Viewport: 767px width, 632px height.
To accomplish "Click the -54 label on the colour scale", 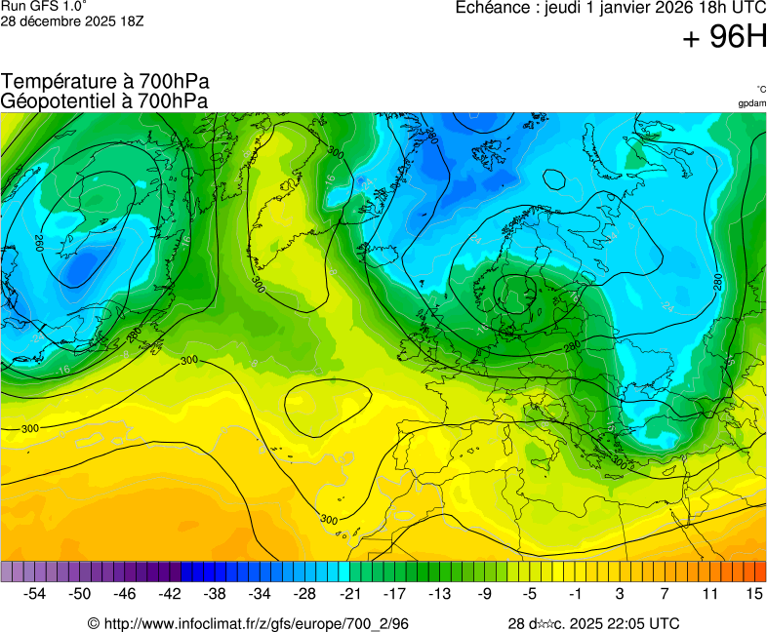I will tap(35, 593).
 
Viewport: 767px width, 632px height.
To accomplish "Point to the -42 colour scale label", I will tap(170, 593).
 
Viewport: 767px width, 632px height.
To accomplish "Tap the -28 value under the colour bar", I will tap(305, 593).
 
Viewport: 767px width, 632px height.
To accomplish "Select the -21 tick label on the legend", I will tap(350, 593).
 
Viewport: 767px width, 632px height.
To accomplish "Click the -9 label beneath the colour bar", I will tap(485, 593).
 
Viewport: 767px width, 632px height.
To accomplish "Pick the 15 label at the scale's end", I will tap(753, 593).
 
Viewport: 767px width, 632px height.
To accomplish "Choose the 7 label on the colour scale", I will tap(665, 593).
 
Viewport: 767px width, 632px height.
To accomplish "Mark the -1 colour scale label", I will tap(575, 593).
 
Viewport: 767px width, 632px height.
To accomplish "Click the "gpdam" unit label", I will tap(752, 102).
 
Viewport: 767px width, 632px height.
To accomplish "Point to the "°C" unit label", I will tap(760, 89).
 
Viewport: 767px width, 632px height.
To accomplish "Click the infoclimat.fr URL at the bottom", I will tap(256, 623).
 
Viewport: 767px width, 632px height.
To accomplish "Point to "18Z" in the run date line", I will tap(131, 20).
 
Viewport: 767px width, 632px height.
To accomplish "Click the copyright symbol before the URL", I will tap(94, 623).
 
